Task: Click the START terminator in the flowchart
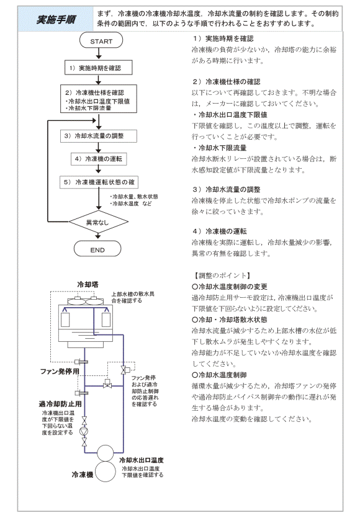point(101,41)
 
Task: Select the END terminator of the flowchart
point(97,249)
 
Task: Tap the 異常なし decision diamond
point(99,222)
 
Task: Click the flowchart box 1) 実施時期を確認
point(99,68)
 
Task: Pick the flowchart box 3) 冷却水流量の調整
point(99,136)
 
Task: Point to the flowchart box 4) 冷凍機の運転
point(99,159)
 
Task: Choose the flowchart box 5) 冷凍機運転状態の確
point(99,182)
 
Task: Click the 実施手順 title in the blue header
point(56,20)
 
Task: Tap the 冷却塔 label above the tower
point(88,284)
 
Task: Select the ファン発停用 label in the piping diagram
point(60,372)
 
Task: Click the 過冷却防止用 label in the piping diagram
point(60,404)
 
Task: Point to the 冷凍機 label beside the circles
point(83,474)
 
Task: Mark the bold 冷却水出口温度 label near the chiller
point(142,460)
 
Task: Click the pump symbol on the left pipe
point(84,431)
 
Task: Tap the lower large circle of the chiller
point(106,472)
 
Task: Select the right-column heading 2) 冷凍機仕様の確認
point(227,81)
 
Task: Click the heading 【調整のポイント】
point(222,275)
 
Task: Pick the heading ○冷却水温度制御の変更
point(230,287)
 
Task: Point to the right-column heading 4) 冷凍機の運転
point(220,231)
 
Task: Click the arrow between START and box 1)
point(99,53)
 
